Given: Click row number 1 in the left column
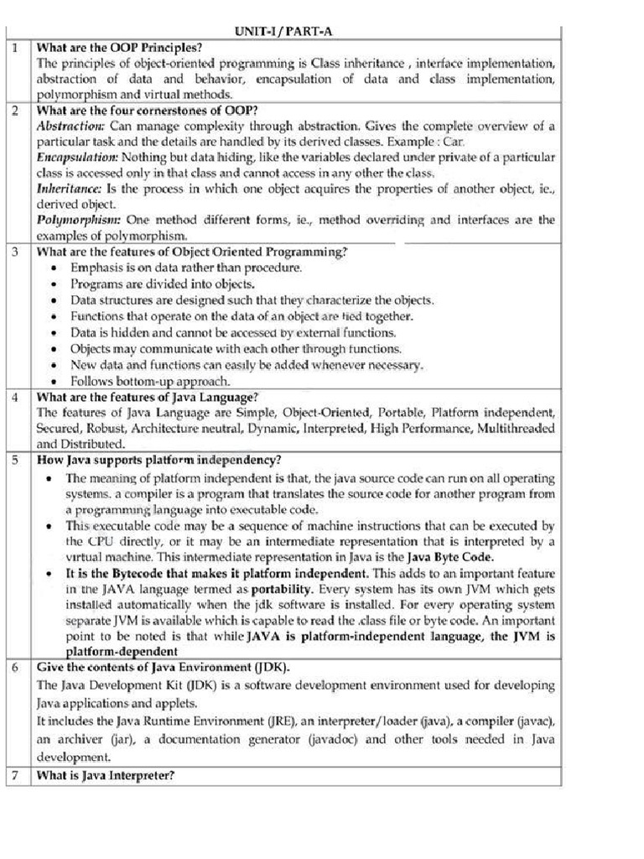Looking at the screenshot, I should [15, 48].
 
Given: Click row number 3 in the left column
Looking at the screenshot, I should [15, 252].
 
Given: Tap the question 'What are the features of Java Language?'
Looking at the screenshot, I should [147, 396].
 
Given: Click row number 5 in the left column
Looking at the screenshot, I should [15, 460].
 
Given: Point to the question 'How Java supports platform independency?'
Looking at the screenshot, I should [158, 460].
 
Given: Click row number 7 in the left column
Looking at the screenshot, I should [15, 776].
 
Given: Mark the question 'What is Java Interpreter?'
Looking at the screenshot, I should [105, 776].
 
